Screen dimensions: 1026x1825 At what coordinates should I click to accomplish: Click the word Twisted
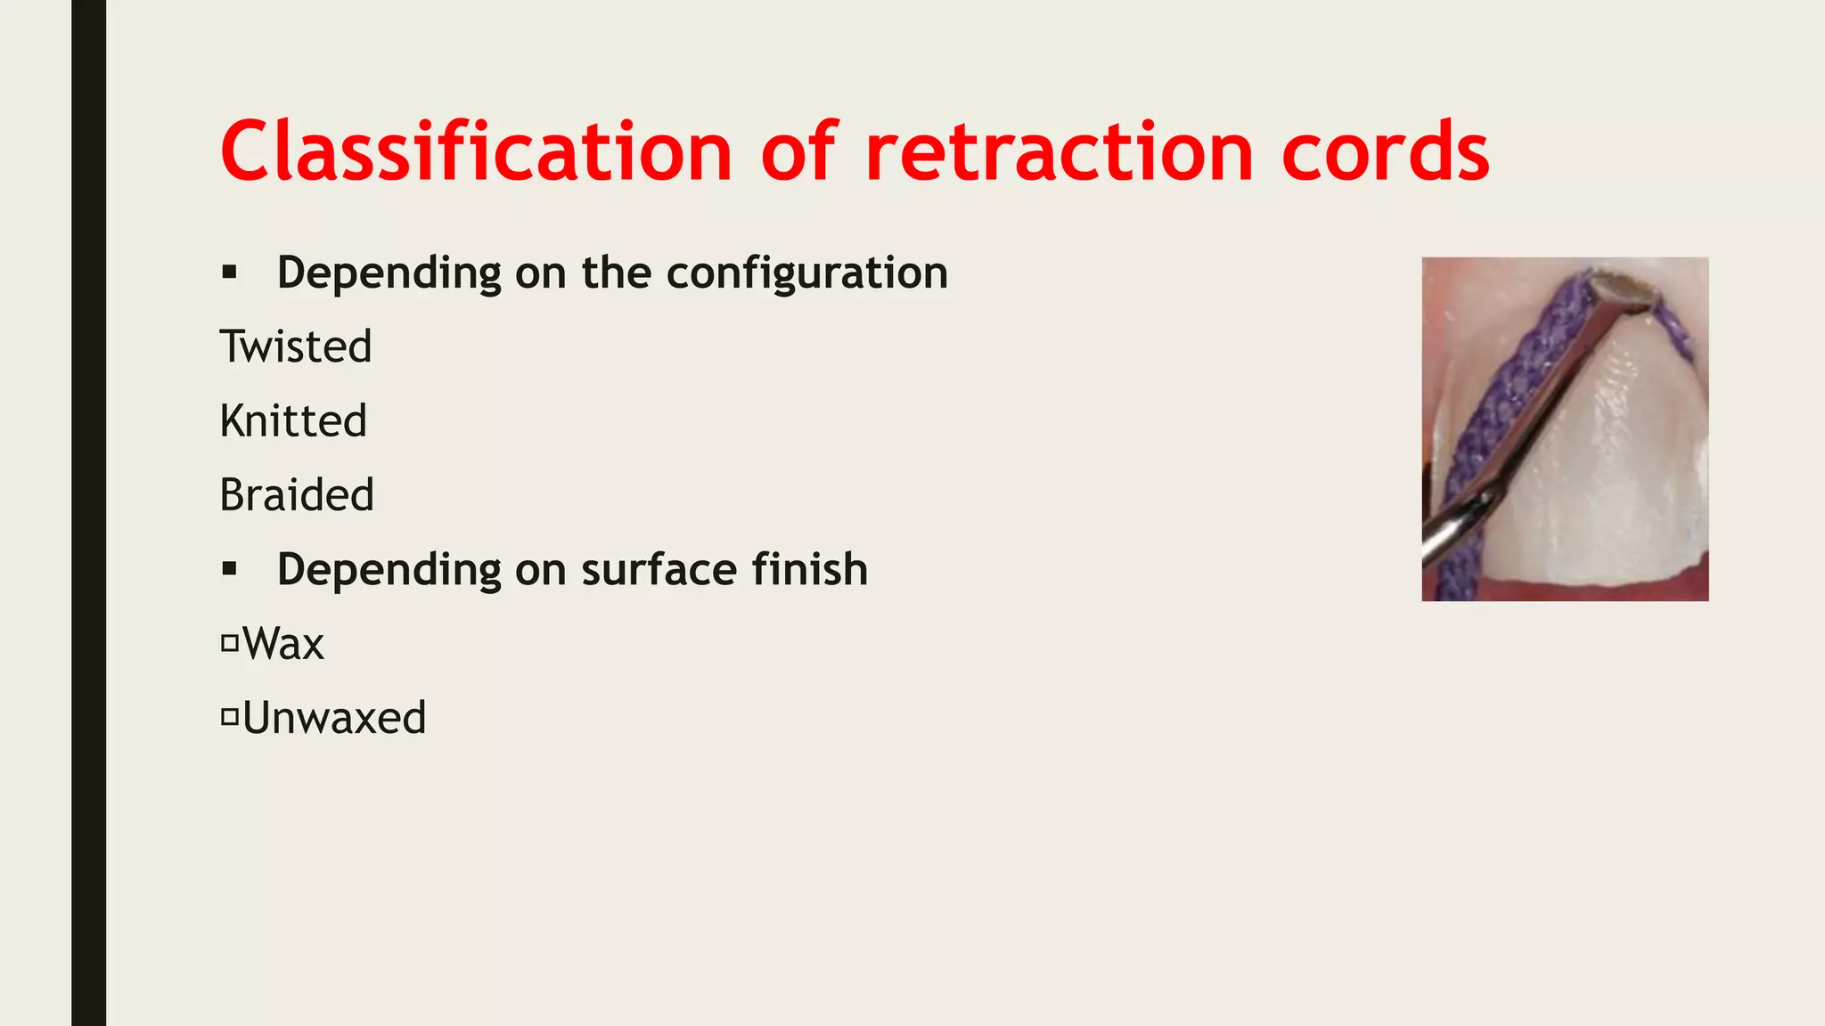pyautogui.click(x=296, y=346)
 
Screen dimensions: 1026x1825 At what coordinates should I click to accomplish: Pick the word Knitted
pyautogui.click(x=293, y=420)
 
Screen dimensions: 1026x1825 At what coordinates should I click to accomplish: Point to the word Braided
pyautogui.click(x=297, y=495)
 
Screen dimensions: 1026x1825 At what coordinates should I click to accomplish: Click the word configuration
pyautogui.click(x=807, y=273)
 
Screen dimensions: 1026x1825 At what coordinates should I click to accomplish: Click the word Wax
pyautogui.click(x=283, y=643)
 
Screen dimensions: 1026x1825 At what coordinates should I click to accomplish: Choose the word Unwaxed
pyautogui.click(x=334, y=718)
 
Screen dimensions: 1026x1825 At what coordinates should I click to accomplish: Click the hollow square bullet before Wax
pyautogui.click(x=230, y=642)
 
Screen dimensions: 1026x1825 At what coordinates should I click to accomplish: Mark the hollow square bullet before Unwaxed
pyautogui.click(x=230, y=716)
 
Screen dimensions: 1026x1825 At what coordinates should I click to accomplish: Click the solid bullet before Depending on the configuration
pyautogui.click(x=230, y=273)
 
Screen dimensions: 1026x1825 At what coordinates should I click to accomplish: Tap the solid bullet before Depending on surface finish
pyautogui.click(x=230, y=569)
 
